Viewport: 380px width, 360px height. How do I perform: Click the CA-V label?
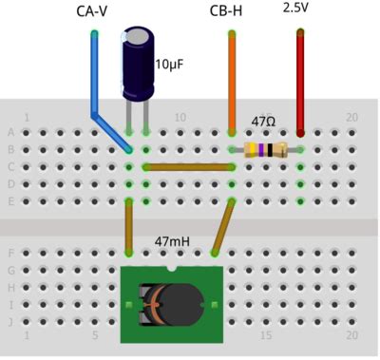(x=93, y=11)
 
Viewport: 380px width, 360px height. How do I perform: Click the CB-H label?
(x=229, y=11)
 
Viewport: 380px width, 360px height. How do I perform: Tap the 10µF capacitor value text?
(x=170, y=66)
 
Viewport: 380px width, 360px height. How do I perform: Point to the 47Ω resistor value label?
(x=263, y=123)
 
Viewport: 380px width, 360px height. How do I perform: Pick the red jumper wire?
(x=300, y=81)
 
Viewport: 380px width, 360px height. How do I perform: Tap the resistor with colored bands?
(x=265, y=149)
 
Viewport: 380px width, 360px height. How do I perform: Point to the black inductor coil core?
(x=185, y=304)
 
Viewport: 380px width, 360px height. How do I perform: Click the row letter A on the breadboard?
(x=10, y=133)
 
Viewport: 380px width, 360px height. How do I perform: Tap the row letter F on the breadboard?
(x=10, y=254)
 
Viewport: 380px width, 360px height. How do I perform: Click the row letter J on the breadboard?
(x=10, y=321)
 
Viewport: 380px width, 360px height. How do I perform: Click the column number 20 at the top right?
(x=351, y=118)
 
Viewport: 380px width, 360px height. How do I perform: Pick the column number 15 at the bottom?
(x=266, y=335)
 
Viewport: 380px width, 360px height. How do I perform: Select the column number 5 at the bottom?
(x=95, y=335)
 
